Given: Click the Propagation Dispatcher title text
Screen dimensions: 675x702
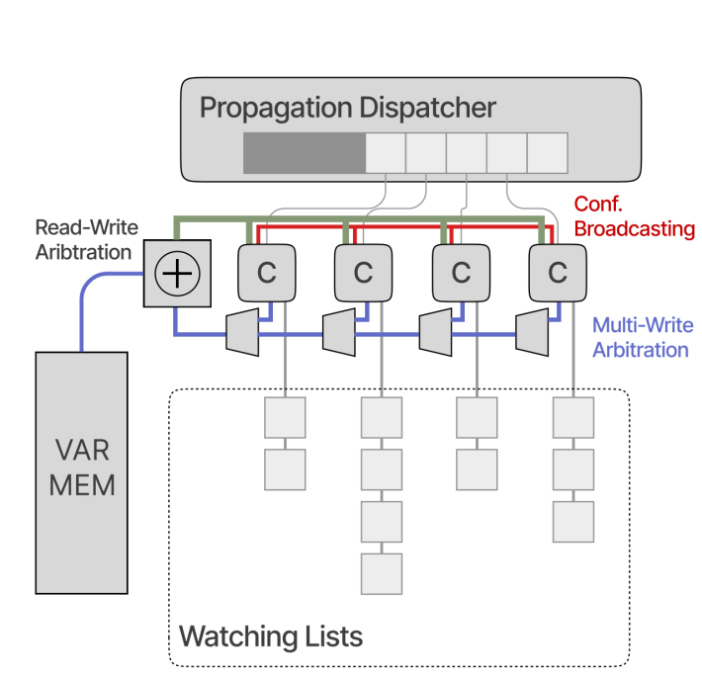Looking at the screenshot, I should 348,108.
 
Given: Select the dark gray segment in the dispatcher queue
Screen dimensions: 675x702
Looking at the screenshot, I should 305,152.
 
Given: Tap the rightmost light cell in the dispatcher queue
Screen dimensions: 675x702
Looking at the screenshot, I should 547,152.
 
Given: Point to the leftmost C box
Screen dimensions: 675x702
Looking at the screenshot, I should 266,273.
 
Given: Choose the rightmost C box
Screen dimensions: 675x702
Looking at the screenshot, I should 558,273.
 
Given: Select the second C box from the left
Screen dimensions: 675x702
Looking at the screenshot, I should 363,273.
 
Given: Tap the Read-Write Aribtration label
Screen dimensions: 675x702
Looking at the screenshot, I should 87,240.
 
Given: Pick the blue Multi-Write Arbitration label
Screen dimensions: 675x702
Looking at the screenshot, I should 643,336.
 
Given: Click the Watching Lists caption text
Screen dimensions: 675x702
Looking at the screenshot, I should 270,634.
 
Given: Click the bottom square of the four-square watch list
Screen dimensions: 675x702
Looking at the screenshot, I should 382,573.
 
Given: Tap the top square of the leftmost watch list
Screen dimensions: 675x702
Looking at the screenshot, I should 285,417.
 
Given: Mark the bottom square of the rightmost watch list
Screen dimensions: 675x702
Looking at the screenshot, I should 573,521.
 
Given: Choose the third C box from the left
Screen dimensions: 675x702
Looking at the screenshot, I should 461,273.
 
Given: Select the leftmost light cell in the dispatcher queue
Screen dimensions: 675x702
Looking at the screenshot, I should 386,152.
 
